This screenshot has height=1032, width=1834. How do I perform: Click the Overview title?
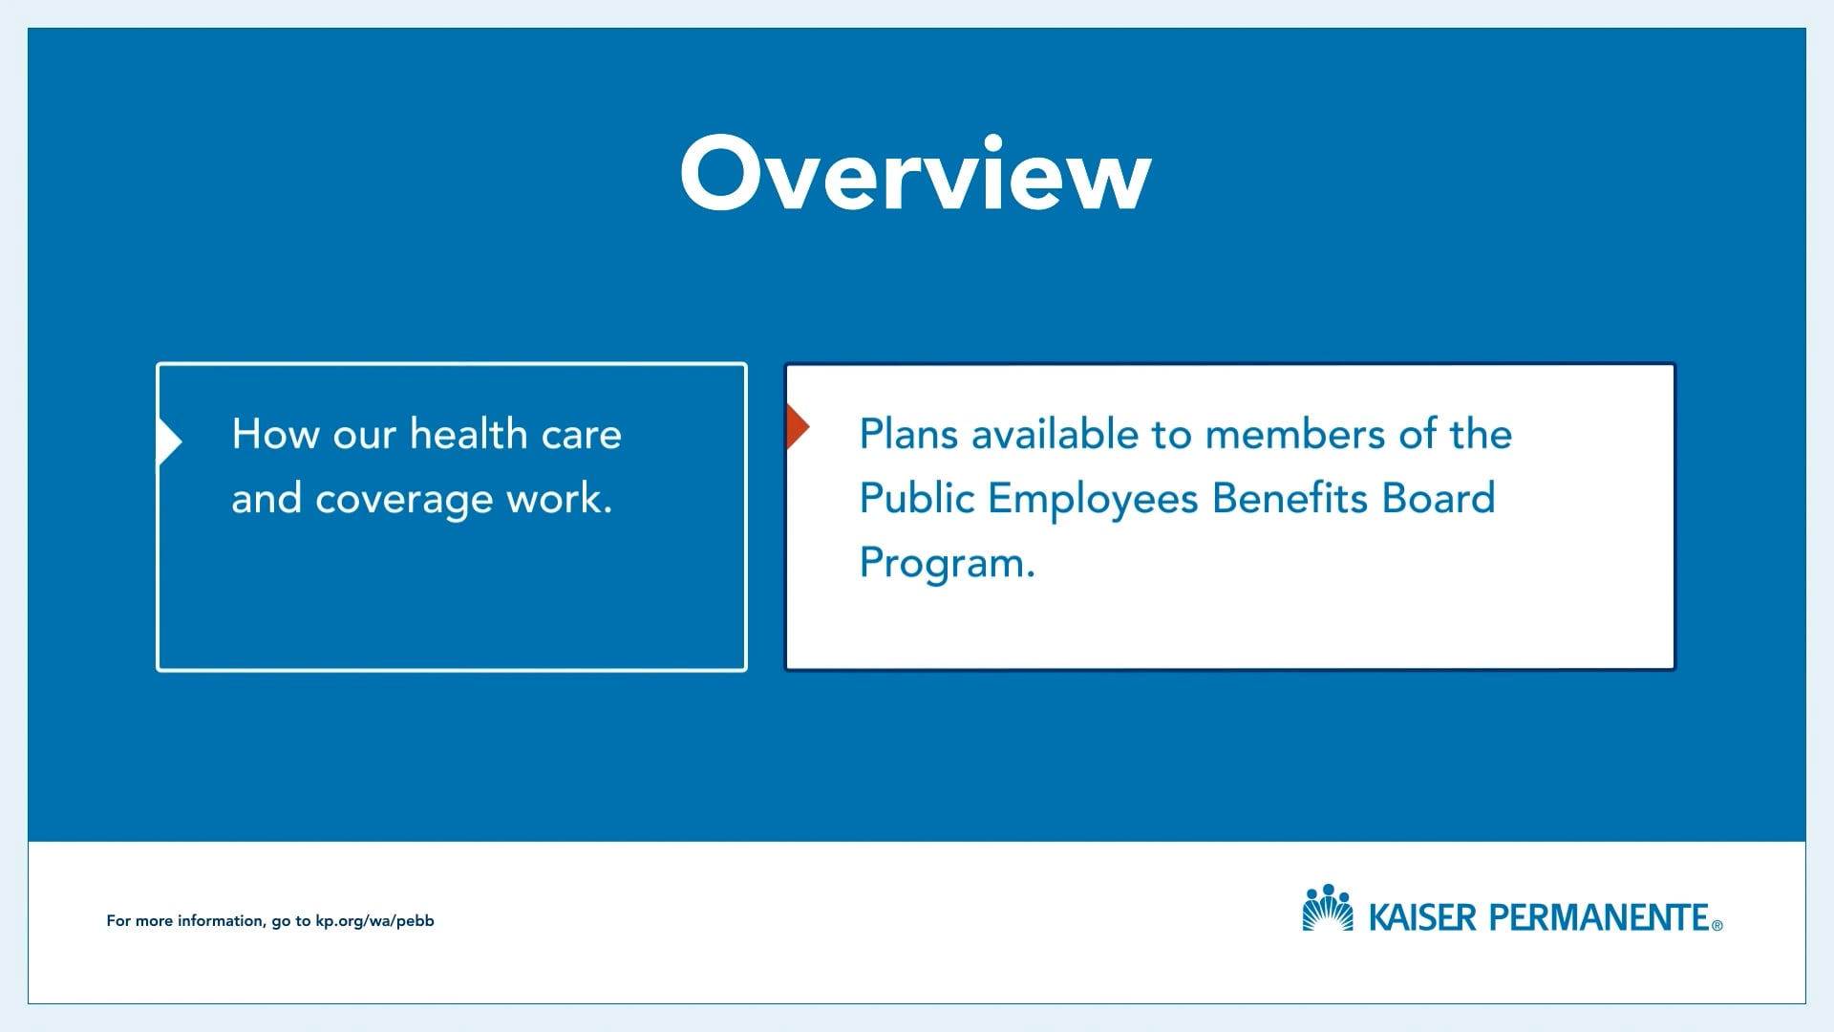(915, 173)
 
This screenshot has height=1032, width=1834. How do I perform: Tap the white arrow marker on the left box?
(169, 441)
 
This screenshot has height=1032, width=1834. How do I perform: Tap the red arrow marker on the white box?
(798, 426)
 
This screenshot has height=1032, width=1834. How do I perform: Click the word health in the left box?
(468, 434)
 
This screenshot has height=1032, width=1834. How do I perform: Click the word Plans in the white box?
(908, 434)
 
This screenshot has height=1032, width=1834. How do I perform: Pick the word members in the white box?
(1294, 435)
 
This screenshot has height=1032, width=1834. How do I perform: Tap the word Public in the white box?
(917, 498)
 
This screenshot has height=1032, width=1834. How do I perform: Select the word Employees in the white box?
(1093, 500)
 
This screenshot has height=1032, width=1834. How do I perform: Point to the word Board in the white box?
(1439, 498)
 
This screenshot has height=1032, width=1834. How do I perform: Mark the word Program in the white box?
(942, 564)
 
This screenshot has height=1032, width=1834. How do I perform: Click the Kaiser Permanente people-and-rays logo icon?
(1328, 908)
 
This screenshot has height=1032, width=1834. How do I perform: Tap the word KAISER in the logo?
(1422, 917)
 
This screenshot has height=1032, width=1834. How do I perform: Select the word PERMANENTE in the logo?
(1599, 917)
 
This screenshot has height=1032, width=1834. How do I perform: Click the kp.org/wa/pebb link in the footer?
(374, 921)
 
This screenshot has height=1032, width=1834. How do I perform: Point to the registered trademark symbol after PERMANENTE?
(1717, 925)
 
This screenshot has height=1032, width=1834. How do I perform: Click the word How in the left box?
(275, 434)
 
